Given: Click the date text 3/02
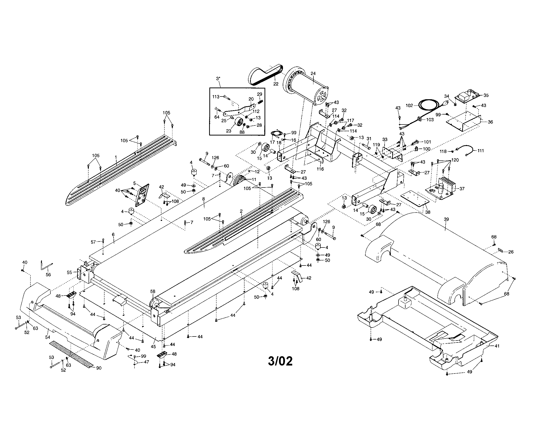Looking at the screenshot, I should click(x=280, y=361).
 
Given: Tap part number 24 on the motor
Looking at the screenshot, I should click(x=313, y=73).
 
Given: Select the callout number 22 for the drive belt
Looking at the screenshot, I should click(x=276, y=84).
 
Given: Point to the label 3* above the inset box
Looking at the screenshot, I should click(x=218, y=78).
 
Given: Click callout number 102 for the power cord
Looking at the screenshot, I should click(x=409, y=105).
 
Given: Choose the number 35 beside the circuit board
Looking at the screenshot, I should click(x=486, y=95).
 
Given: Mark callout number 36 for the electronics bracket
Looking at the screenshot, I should click(x=490, y=122).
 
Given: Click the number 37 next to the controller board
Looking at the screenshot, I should click(x=462, y=188).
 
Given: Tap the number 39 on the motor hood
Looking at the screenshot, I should click(x=446, y=219).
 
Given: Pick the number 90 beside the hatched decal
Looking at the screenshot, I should click(x=99, y=368).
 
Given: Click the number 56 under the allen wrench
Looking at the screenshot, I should click(x=48, y=275).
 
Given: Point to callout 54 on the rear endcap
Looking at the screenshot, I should click(x=47, y=337).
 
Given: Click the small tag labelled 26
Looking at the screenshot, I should click(x=500, y=250).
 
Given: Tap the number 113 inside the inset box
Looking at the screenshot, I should click(x=216, y=97).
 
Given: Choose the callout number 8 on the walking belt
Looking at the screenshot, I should click(x=203, y=199).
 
